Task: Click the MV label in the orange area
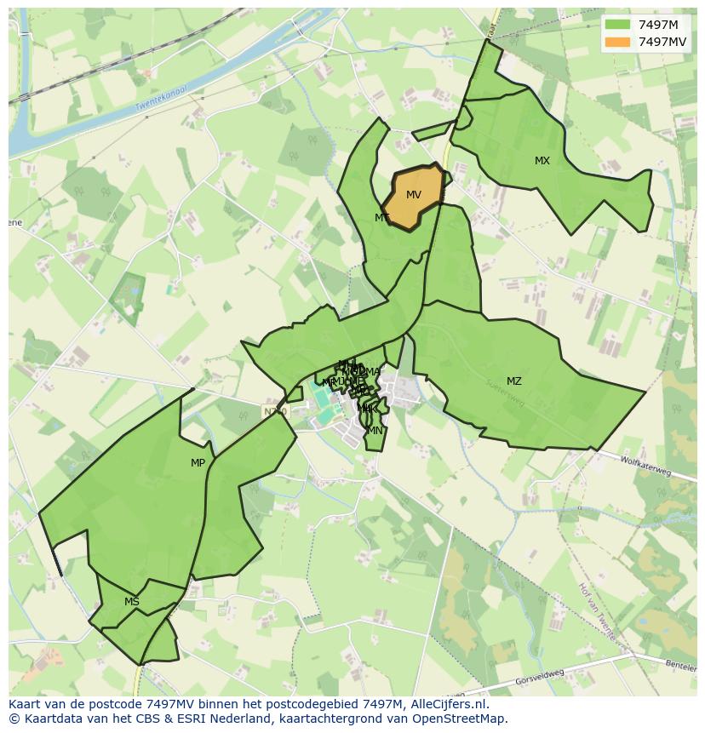coord(413,195)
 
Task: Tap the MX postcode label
coord(542,161)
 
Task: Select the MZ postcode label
coord(514,381)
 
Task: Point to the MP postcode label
coord(198,463)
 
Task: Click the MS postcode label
coord(132,602)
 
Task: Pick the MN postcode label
coord(375,431)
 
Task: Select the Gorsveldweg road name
coord(540,678)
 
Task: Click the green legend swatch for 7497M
coord(618,25)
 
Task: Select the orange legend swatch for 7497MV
coord(618,41)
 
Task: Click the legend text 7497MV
coord(663,41)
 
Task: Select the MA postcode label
coord(373,371)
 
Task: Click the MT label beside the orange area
coord(382,218)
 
